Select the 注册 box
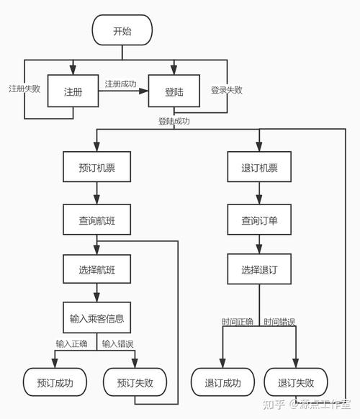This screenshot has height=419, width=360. [73, 92]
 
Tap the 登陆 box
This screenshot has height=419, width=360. [174, 92]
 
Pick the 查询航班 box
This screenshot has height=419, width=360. [96, 220]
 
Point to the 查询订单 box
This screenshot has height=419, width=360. [259, 220]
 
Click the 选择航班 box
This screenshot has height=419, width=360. [96, 271]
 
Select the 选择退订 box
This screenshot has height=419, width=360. [259, 271]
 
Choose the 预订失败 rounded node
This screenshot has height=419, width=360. [136, 382]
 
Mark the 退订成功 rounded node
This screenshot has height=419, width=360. [223, 382]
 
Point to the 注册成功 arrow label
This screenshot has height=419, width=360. [120, 84]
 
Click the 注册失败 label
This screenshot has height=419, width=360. [24, 89]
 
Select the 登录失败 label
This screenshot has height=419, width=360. [226, 90]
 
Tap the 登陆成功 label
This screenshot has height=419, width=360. [174, 121]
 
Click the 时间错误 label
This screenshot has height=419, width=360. [279, 321]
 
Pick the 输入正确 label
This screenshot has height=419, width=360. [71, 343]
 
